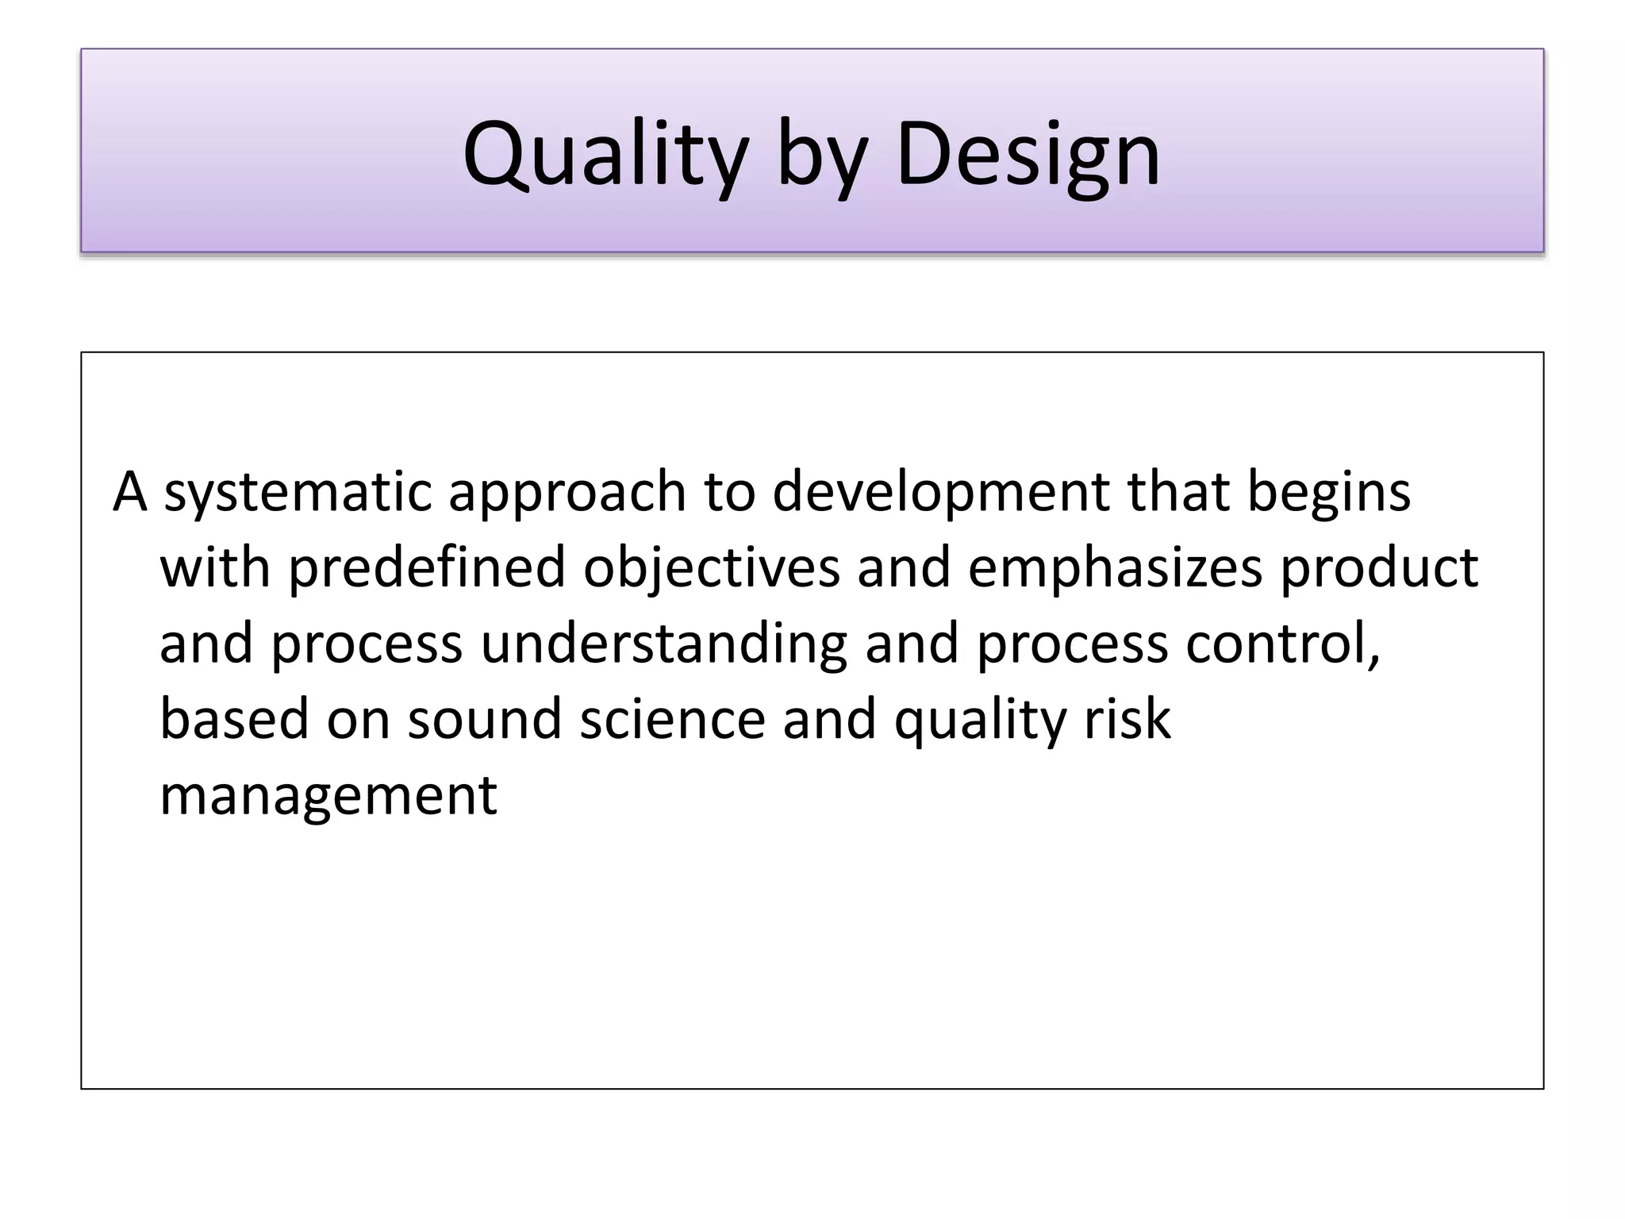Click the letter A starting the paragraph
(x=130, y=492)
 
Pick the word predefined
(x=426, y=568)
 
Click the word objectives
(x=711, y=568)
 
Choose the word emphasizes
(x=1114, y=568)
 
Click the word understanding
(x=664, y=644)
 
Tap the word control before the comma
(x=1277, y=644)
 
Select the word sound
(x=485, y=719)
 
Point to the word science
(x=672, y=719)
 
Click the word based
(x=234, y=719)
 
